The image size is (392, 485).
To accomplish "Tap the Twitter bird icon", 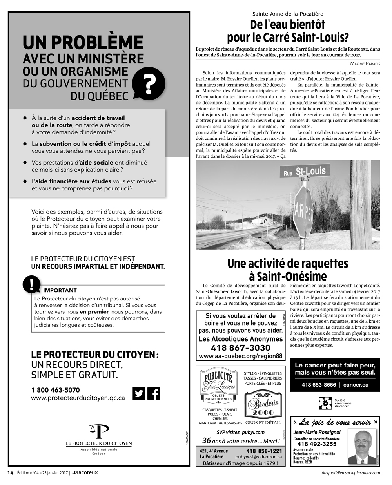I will point(139,393).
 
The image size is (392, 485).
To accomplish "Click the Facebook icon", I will point(154,393).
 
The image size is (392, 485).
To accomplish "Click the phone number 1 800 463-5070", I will point(55,390).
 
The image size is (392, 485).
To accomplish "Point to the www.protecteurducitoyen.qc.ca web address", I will point(78,398).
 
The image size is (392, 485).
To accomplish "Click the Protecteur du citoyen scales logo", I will point(99,431).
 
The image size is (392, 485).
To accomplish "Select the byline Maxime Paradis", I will point(365,63).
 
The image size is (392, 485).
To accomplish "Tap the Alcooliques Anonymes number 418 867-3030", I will point(240,347).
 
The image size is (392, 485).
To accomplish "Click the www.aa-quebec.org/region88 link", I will point(240,356).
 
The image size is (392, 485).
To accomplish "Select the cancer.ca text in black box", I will point(356,385).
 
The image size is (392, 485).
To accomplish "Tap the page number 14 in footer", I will point(11,473).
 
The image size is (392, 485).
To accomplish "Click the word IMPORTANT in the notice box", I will point(60,290).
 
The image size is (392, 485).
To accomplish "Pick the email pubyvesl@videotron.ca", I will point(258,457).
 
